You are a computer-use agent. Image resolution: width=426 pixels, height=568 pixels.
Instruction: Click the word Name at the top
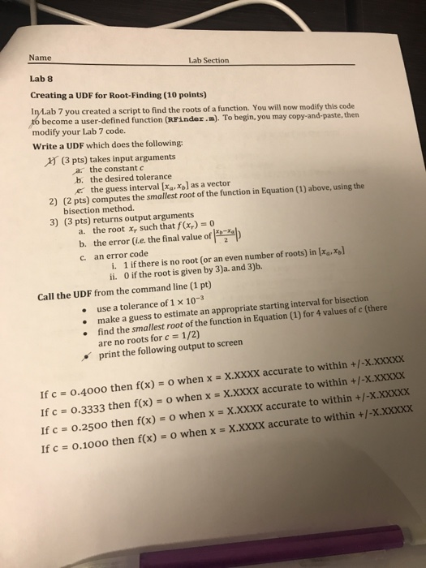pos(38,58)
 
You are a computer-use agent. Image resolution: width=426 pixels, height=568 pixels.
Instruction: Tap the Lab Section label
pos(209,61)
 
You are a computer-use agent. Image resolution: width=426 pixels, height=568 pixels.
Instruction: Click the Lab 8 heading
pos(40,80)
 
